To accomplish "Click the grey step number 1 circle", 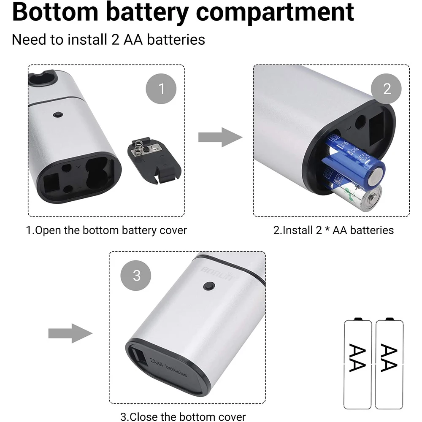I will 161,89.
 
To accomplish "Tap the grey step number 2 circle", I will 387,89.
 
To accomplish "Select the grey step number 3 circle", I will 136,276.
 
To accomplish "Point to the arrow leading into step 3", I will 70,333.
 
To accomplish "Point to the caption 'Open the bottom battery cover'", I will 106,230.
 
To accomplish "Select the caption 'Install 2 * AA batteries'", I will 333,230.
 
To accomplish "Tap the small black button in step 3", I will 208,287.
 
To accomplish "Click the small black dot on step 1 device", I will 57,114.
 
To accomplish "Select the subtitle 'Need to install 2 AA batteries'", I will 108,40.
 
